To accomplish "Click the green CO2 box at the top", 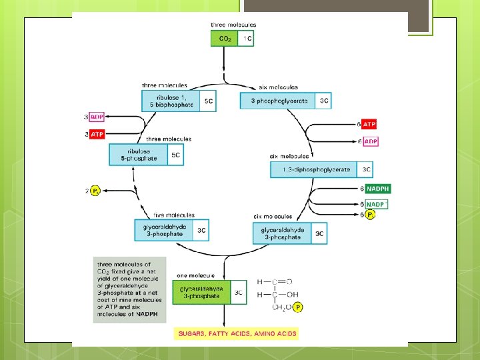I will (x=225, y=39).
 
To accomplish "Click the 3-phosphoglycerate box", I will (x=279, y=101).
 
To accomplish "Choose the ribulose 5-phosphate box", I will (x=139, y=155).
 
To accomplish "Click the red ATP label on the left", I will (x=97, y=134).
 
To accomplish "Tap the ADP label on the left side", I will (x=97, y=117).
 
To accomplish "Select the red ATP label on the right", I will (x=369, y=125).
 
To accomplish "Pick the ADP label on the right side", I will (x=370, y=141).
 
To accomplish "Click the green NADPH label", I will (x=377, y=189).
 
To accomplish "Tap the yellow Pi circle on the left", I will (x=95, y=191).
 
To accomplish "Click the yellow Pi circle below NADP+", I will (x=371, y=215).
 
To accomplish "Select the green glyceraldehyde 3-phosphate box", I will (x=201, y=292).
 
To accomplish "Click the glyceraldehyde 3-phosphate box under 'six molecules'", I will (x=282, y=234).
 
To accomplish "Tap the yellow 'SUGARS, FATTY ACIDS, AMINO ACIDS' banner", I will (x=236, y=333).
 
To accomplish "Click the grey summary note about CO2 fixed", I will (x=120, y=290).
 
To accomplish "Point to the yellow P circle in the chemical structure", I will (x=297, y=307).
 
